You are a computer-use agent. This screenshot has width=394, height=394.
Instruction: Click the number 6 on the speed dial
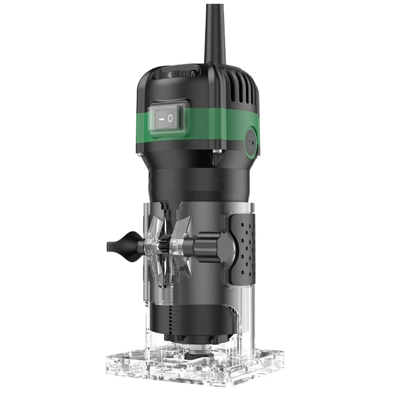coord(170,75)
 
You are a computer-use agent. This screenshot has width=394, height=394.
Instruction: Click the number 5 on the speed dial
coord(193,74)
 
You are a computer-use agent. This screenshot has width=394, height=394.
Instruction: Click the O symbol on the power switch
coord(170,118)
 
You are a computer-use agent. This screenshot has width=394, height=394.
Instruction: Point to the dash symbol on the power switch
coord(162,119)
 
